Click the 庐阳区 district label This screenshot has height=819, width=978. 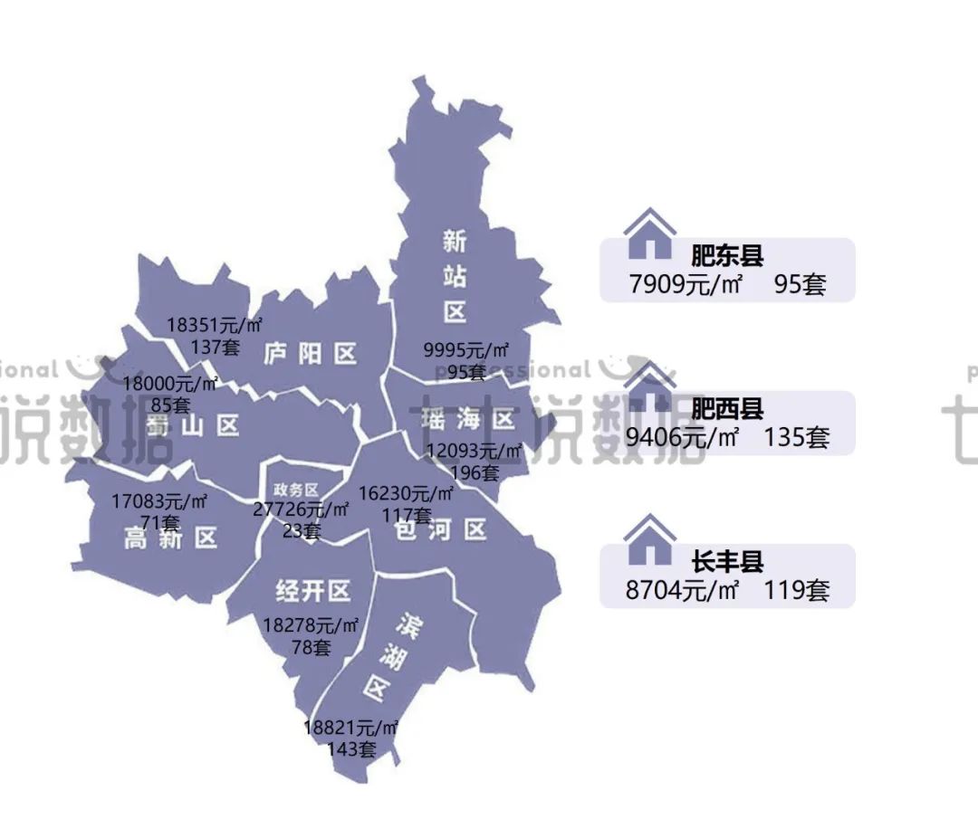tap(311, 353)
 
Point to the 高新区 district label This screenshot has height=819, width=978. tap(171, 538)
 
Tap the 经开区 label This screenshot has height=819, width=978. tap(312, 592)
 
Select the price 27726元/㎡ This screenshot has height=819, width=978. tap(301, 509)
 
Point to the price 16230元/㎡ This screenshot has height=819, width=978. tap(407, 493)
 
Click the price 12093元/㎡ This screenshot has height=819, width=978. tap(475, 451)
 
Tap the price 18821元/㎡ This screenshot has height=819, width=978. tap(352, 728)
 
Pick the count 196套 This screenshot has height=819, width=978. tap(475, 471)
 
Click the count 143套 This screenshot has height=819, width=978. tap(352, 748)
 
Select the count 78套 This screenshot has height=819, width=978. tap(311, 647)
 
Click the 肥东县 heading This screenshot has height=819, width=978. tap(727, 255)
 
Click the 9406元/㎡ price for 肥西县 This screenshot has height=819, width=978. tap(683, 438)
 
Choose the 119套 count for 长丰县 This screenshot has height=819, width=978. tap(796, 591)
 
